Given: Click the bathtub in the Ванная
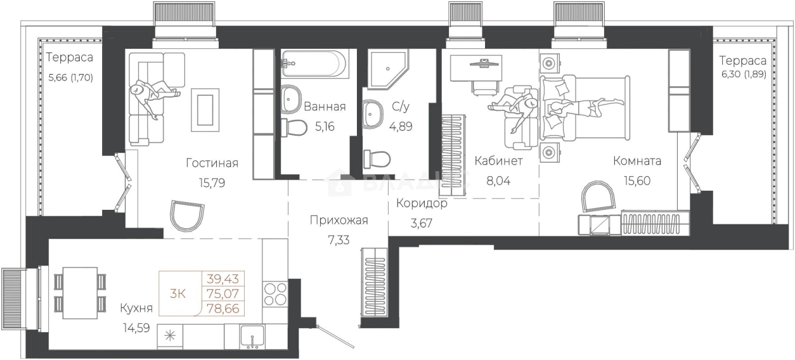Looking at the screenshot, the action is [x=313, y=63].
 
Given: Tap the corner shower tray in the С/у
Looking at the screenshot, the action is [x=387, y=69].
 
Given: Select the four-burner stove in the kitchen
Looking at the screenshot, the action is [x=275, y=293].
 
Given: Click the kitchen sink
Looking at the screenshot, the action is [x=252, y=337].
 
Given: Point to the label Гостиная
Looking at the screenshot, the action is [x=212, y=163].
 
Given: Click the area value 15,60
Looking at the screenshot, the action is [x=637, y=181].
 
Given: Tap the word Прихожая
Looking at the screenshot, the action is [x=339, y=221].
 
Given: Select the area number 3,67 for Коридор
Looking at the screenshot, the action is [x=422, y=223].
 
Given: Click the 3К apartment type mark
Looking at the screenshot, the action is [x=178, y=293].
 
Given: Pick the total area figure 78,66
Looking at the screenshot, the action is [x=223, y=309].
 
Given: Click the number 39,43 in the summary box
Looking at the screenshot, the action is [x=223, y=279].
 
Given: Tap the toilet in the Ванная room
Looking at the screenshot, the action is [x=294, y=127].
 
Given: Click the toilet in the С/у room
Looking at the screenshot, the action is [x=377, y=159].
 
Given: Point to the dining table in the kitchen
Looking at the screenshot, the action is [x=81, y=293].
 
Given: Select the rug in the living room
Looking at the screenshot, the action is [x=205, y=110].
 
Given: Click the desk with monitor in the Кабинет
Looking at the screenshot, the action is [x=476, y=68].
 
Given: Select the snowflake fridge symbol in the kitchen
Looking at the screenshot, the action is [x=170, y=335].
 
